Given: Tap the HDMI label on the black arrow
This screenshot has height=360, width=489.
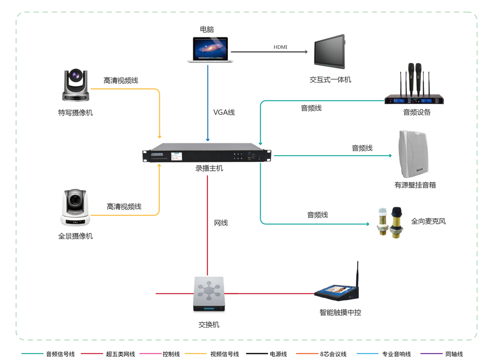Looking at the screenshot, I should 280,47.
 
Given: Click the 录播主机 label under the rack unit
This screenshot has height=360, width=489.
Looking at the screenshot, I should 209,168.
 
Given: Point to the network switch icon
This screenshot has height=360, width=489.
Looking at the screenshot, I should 209,294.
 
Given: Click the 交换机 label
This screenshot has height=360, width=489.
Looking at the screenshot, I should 209,325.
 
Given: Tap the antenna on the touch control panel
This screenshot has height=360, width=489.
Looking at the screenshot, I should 357,275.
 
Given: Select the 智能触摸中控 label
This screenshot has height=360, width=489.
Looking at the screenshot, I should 340,312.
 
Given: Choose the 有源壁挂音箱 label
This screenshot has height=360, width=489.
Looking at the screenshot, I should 415,185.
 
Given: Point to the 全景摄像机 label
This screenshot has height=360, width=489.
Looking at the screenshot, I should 75,236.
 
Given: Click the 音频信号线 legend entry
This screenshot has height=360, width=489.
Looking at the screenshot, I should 60,354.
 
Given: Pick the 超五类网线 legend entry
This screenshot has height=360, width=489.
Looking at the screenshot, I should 120,354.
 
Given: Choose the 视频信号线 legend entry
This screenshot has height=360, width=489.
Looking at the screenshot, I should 225,354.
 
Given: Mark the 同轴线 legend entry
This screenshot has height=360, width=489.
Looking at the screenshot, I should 454,354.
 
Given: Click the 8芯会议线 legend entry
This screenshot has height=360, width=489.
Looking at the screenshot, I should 333,354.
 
